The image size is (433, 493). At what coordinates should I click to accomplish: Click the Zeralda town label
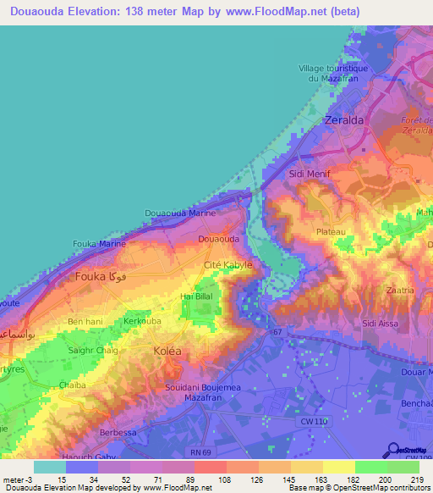coord(344,121)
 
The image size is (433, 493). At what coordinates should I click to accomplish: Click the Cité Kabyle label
coord(228,266)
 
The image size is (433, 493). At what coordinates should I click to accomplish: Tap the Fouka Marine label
coord(100,244)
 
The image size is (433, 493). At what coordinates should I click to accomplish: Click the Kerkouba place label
coord(143,323)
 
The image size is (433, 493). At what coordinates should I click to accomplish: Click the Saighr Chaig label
coord(93,350)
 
